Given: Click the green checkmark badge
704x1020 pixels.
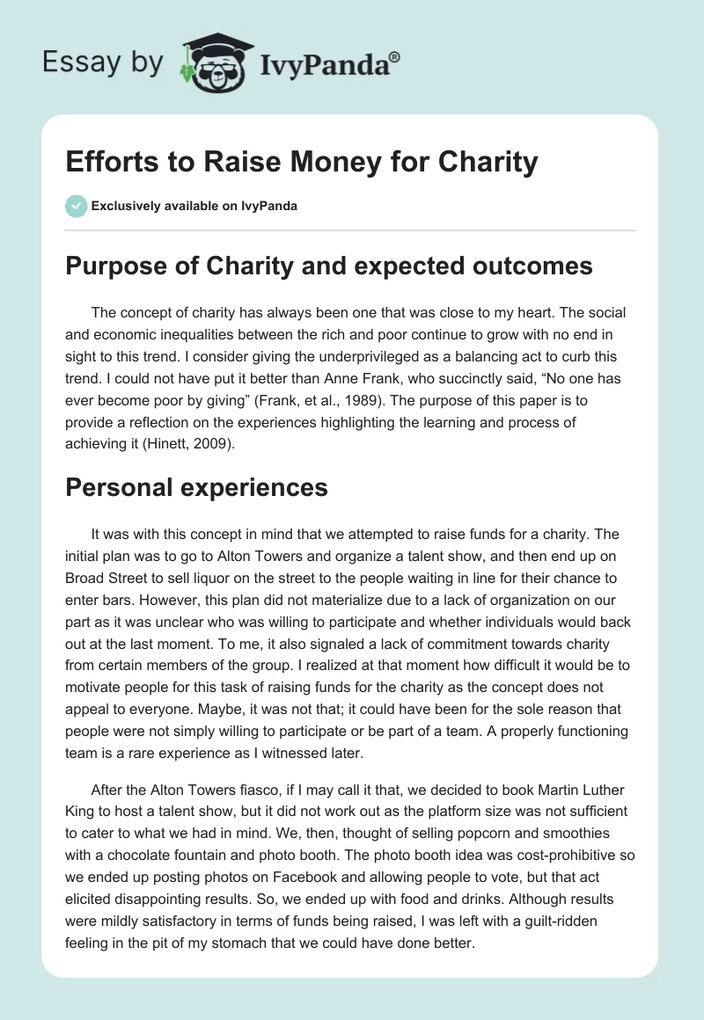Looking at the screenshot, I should (76, 206).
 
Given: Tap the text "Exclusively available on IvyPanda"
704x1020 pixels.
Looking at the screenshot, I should (194, 207).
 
